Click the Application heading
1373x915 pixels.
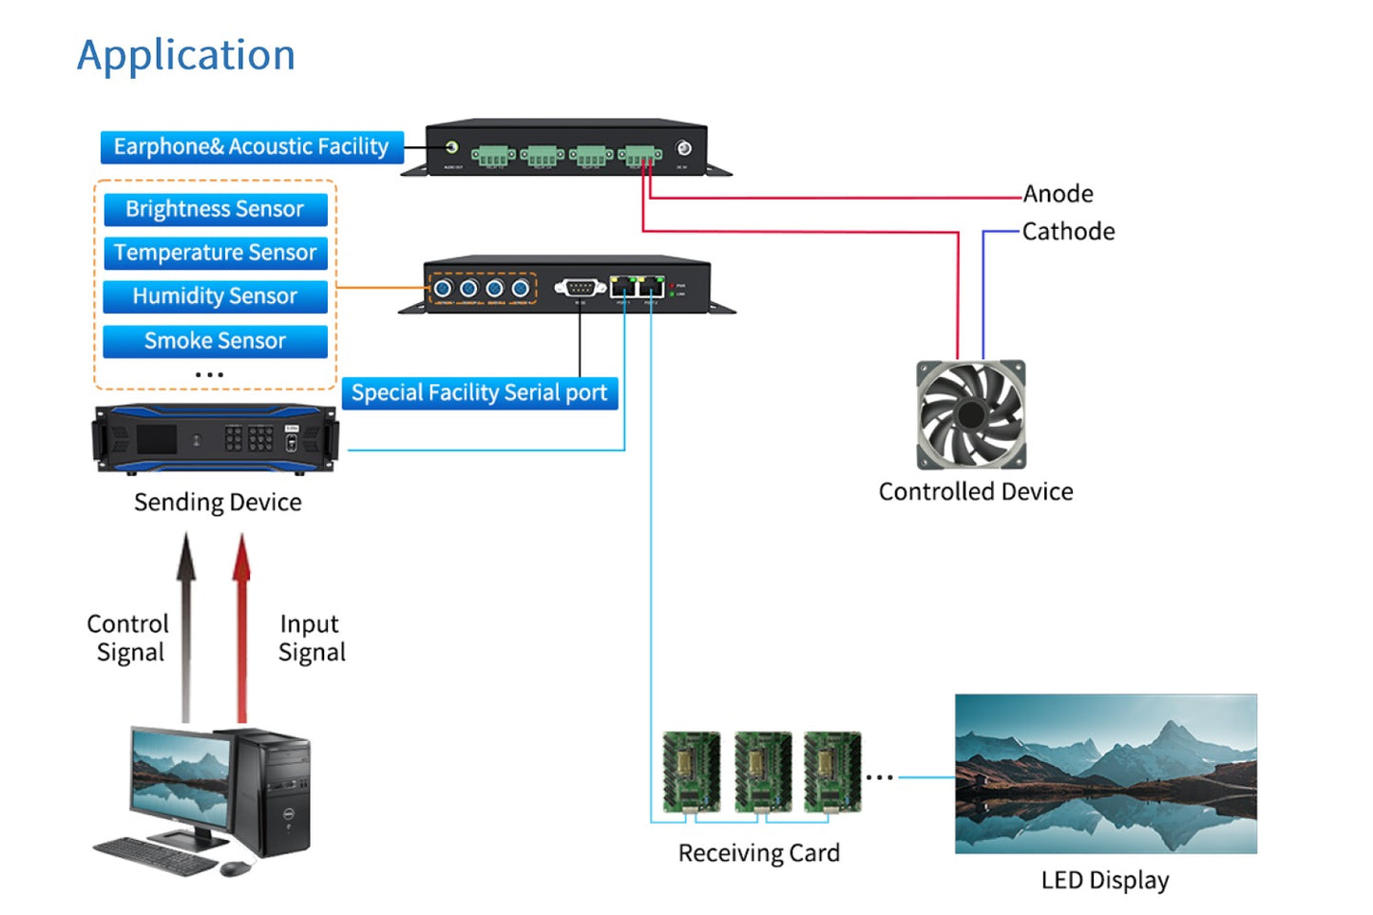(x=186, y=55)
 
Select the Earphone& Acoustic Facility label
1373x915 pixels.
(x=252, y=147)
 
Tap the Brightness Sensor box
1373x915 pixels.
(x=215, y=209)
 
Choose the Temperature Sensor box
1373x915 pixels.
(x=215, y=253)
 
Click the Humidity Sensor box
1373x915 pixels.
(x=215, y=296)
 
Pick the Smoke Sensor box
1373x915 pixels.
(x=215, y=341)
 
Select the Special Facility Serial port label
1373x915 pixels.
(x=479, y=393)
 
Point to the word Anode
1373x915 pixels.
(x=1058, y=194)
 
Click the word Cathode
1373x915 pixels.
(x=1068, y=232)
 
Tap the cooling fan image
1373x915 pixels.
(x=970, y=414)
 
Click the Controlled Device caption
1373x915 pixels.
(x=976, y=492)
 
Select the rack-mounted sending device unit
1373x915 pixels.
(x=216, y=438)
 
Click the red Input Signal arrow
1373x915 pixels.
(x=242, y=627)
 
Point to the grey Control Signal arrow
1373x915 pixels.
(x=186, y=627)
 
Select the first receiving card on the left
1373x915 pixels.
(x=691, y=772)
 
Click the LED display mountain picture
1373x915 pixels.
(x=1105, y=773)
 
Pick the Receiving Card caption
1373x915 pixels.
(x=758, y=853)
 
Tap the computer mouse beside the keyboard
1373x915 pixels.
(x=234, y=868)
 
